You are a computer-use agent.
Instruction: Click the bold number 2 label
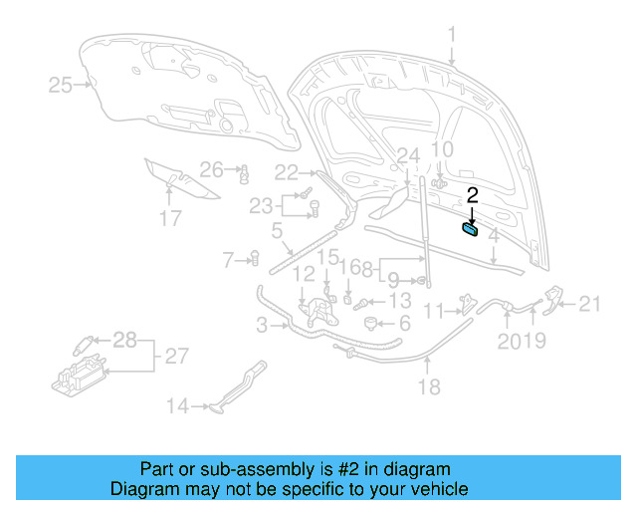(473, 196)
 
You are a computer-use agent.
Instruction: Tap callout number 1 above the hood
(451, 36)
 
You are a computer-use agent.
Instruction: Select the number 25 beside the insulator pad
(60, 86)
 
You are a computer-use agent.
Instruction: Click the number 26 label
(211, 168)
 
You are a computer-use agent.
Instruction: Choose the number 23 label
(261, 206)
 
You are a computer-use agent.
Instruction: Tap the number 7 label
(229, 260)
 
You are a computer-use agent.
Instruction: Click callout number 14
(177, 405)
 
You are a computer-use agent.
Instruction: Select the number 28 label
(124, 341)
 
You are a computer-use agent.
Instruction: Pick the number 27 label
(175, 356)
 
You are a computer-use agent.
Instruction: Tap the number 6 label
(404, 325)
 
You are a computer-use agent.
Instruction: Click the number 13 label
(399, 301)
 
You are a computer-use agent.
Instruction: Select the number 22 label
(287, 170)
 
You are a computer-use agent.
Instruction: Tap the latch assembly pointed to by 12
(318, 308)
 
